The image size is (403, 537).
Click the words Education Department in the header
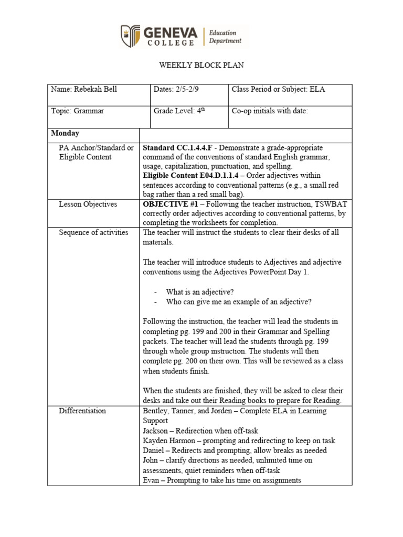225,36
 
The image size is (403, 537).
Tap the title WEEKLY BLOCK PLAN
201,66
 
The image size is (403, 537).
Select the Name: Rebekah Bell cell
84,90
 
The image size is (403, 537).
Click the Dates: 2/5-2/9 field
176,90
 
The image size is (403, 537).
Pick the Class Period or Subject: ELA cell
278,90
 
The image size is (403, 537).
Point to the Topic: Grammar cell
78,111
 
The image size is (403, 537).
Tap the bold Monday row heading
65,134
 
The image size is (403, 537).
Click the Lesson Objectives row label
88,205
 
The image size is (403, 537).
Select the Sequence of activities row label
93,233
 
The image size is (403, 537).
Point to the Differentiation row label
82,411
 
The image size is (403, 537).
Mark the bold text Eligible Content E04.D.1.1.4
185,176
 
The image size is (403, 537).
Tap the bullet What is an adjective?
200,292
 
